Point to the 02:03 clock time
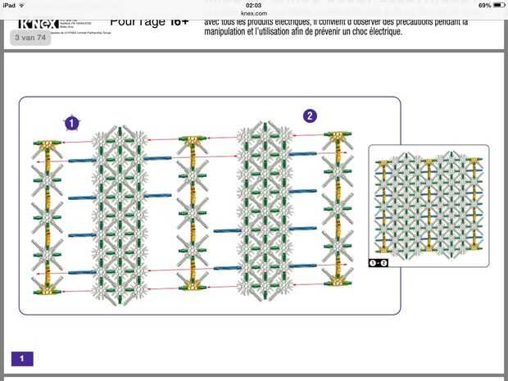[x=253, y=5]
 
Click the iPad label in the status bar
[x=9, y=5]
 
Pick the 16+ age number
[x=179, y=21]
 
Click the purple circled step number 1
[x=72, y=123]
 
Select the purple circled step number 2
[x=310, y=116]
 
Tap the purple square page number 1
[x=22, y=358]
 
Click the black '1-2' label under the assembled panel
[x=377, y=262]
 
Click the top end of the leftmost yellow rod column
[x=48, y=145]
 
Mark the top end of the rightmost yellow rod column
[x=337, y=134]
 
